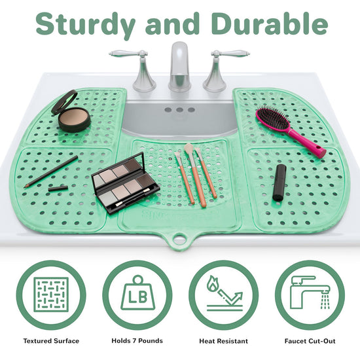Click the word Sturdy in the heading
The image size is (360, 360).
click(x=85, y=25)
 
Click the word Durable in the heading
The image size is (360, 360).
click(x=269, y=23)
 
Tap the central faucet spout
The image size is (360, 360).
click(x=179, y=67)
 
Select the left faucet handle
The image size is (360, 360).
click(x=137, y=69)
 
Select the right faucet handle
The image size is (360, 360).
click(x=221, y=69)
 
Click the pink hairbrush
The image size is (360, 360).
click(x=290, y=131)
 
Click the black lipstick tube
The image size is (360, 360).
click(x=279, y=183)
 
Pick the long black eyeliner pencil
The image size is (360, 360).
click(x=51, y=172)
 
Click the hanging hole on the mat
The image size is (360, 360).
click(x=179, y=239)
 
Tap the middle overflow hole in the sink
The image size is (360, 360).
click(x=179, y=110)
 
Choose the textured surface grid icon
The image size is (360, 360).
click(x=51, y=295)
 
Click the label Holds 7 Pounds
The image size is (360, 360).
click(x=137, y=341)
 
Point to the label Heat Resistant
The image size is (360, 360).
click(x=224, y=341)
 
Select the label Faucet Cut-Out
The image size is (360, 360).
click(x=310, y=341)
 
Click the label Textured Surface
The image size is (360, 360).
click(x=51, y=341)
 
